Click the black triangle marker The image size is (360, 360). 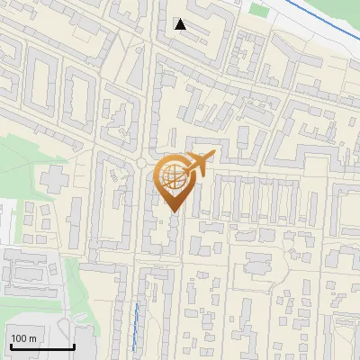click(x=181, y=24)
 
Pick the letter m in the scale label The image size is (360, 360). click(x=33, y=338)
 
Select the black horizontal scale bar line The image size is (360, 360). click(x=41, y=347)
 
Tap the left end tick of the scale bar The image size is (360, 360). click(x=10, y=345)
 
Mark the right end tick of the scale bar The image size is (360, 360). click(x=73, y=345)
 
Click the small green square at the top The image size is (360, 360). click(x=259, y=11)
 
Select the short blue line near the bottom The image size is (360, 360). click(x=136, y=326)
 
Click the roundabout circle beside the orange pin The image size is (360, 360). click(x=141, y=163)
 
